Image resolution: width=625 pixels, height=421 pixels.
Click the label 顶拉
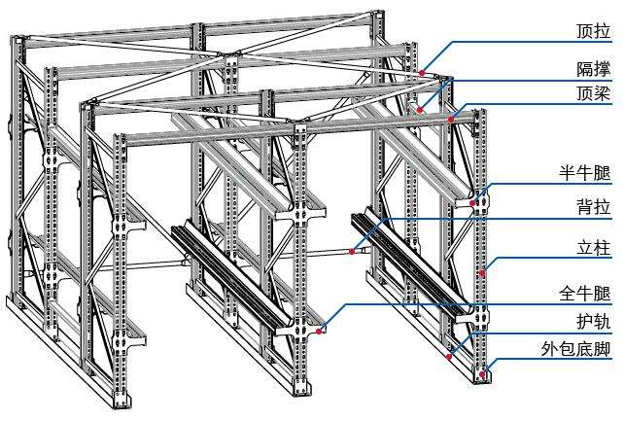(x=591, y=32)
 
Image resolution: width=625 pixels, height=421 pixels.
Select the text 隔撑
(x=591, y=69)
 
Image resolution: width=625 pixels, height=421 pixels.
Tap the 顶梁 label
(x=591, y=93)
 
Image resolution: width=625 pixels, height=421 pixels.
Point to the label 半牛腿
(x=584, y=173)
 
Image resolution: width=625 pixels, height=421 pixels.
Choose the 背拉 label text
(x=591, y=207)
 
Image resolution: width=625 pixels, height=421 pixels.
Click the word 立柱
(x=591, y=249)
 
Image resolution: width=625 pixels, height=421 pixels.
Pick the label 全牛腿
(x=584, y=294)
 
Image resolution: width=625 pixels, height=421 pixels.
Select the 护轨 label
(x=591, y=322)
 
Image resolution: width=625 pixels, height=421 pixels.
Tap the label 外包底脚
(x=577, y=349)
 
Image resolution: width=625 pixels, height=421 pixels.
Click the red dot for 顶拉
(x=423, y=72)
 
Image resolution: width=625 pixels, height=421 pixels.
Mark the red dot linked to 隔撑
(x=420, y=110)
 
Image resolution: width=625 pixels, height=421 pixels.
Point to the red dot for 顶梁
(x=451, y=120)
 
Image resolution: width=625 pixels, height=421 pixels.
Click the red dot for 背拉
(x=352, y=252)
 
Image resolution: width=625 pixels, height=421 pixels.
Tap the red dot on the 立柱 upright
(x=482, y=274)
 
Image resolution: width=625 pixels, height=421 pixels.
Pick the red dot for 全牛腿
(x=318, y=332)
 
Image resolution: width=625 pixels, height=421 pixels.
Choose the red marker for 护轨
(x=448, y=356)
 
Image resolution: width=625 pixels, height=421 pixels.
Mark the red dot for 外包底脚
(x=483, y=372)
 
